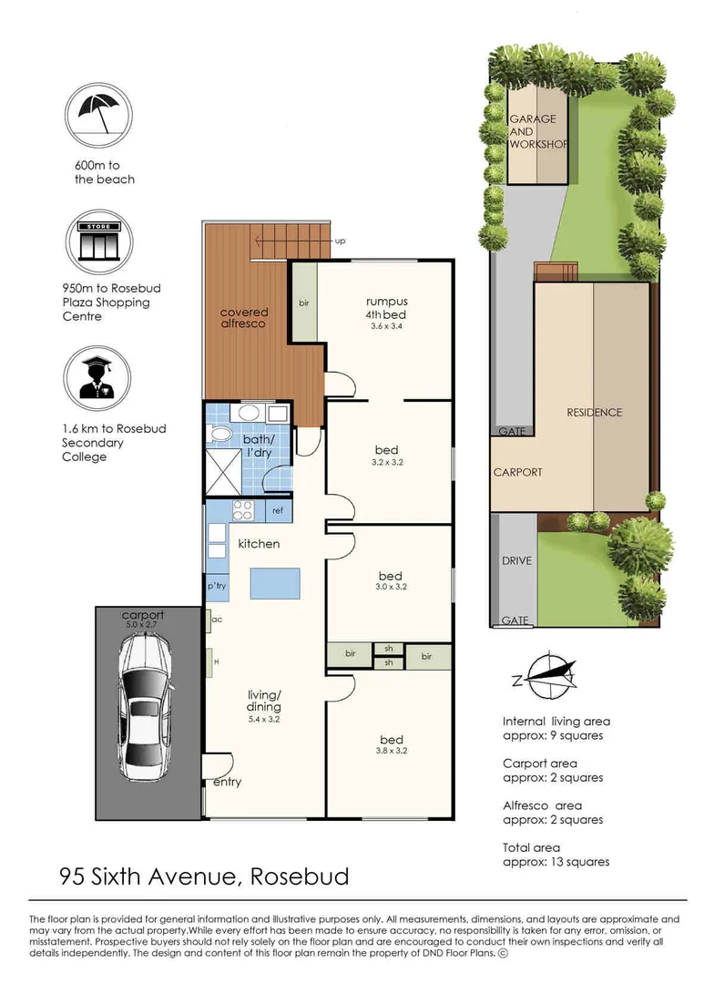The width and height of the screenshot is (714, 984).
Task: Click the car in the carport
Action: coord(146,706)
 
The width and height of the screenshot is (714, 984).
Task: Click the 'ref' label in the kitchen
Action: coord(278,511)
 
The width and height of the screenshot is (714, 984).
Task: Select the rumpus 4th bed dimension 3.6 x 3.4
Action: coord(386,326)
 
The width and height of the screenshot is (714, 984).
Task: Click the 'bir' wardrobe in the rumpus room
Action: coord(303,302)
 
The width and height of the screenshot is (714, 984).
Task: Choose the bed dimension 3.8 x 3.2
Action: coord(390,753)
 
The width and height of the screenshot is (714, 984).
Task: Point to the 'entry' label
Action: coord(227,782)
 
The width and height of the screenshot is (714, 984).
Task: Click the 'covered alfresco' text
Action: coord(244,318)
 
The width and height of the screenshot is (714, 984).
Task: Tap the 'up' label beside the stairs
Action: coord(341,241)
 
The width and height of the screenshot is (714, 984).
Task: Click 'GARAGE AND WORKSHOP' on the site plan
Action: coord(537,132)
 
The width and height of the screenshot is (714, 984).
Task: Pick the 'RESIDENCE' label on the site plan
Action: coord(594,413)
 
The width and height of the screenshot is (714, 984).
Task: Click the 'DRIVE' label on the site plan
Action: coord(515,560)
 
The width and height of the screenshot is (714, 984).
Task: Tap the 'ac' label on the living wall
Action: coord(217,620)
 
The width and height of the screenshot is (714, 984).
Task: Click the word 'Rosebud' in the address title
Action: coord(299,877)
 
